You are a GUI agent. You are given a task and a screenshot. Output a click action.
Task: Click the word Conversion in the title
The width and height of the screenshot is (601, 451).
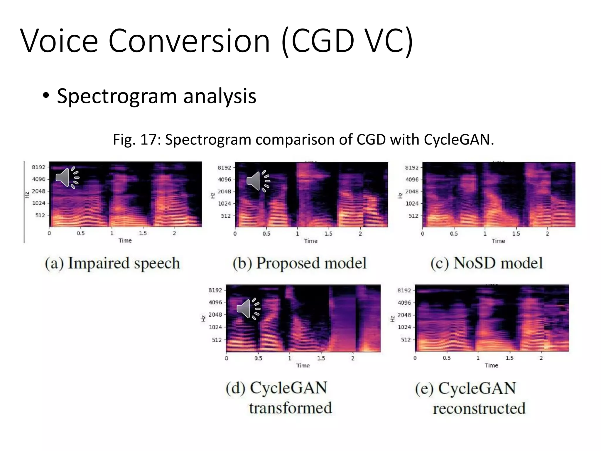pos(189,41)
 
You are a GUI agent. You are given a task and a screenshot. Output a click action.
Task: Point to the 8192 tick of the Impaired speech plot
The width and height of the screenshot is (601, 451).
pos(39,167)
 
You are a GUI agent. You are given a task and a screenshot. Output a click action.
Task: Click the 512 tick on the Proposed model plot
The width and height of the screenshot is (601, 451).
pos(226,216)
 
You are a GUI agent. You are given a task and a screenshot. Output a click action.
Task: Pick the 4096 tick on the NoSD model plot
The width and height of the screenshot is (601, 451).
pos(412,179)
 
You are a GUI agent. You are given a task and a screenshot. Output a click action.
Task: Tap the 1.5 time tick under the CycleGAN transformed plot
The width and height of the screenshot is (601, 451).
pos(321,358)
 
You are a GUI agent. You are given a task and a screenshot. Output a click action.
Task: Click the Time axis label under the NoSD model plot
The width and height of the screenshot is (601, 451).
pos(498,241)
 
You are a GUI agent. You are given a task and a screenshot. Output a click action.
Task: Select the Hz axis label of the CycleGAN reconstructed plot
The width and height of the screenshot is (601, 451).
pos(392,319)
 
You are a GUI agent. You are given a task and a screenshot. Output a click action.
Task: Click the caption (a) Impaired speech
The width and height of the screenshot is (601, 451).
pos(112,263)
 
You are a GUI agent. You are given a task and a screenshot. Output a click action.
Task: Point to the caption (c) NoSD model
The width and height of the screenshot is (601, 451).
pos(487,263)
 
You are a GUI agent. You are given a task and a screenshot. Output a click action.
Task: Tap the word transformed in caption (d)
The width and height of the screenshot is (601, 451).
pos(291,408)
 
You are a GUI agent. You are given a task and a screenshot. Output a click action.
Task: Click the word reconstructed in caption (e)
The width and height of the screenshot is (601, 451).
pos(479,408)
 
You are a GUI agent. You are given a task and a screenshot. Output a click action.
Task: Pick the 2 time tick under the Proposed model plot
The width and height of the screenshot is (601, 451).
pos(360,234)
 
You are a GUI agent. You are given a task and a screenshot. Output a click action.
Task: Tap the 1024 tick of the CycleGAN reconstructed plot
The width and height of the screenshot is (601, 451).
pos(404,327)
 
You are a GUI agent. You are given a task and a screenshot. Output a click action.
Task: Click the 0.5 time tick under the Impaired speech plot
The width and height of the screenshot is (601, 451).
pos(81,233)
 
